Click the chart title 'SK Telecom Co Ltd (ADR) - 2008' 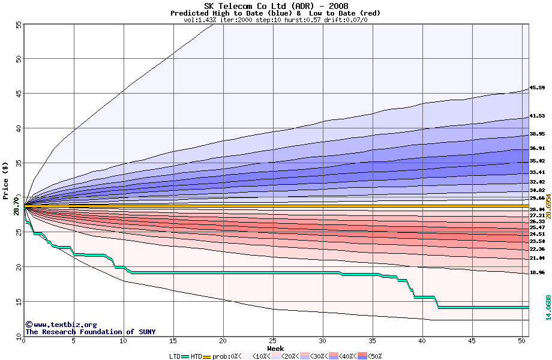(x=275, y=6)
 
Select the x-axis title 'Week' (x=275, y=349)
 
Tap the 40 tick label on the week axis (x=422, y=341)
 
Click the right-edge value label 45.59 (x=536, y=88)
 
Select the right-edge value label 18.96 (x=536, y=272)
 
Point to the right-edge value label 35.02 (x=536, y=161)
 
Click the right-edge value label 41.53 (x=536, y=116)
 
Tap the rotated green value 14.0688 (x=548, y=307)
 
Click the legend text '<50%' (x=375, y=356)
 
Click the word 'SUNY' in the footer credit (x=146, y=332)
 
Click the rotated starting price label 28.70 (x=16, y=205)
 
